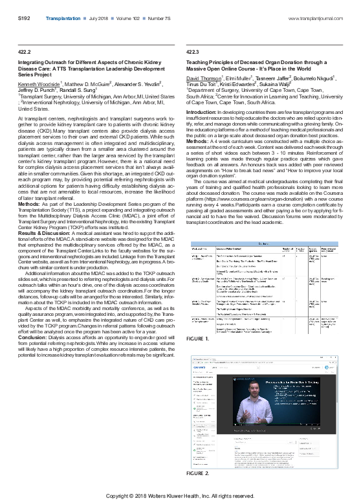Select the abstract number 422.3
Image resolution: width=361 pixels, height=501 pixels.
click(x=192, y=50)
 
